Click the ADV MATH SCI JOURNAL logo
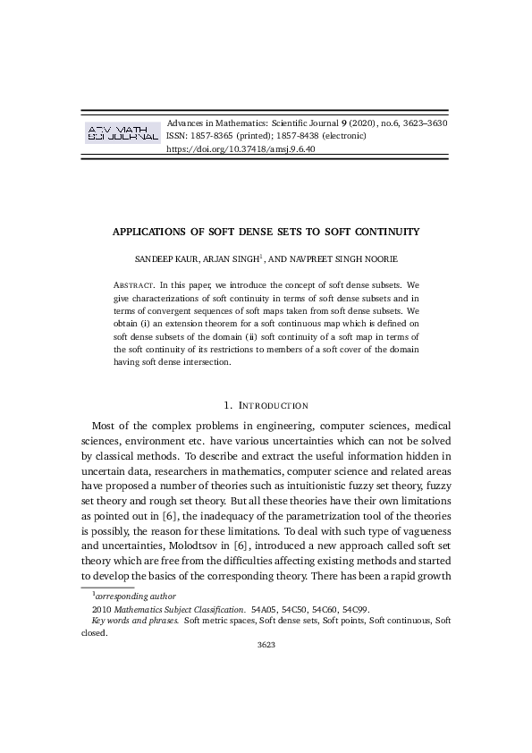120,134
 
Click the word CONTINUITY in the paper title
384,232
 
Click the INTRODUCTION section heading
272,405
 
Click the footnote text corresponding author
135,595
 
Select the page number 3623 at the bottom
266,644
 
